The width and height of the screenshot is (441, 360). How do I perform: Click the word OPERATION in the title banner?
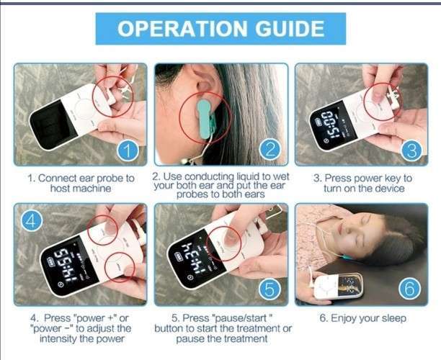coord(182,29)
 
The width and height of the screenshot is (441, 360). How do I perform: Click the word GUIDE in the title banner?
coord(290,29)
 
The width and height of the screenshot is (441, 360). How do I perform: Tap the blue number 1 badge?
coord(128,150)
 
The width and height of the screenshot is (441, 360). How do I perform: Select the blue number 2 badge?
coord(270,149)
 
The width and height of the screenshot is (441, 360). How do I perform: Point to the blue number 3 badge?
coord(411,150)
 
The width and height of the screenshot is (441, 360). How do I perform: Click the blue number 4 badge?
coord(32,220)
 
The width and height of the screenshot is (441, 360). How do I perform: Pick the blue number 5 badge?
coord(269,289)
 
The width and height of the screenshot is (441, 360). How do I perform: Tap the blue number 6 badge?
coord(410,289)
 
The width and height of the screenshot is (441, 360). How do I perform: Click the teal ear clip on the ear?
coord(205,120)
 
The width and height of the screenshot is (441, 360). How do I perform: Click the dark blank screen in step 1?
coord(53,125)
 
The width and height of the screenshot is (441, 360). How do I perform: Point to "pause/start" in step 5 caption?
coord(241,318)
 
